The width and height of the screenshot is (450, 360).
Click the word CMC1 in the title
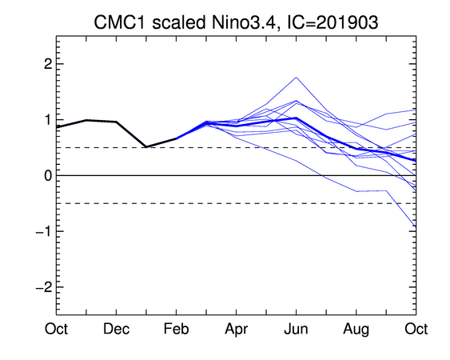pyautogui.click(x=120, y=22)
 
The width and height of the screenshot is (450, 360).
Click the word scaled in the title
pyautogui.click(x=178, y=22)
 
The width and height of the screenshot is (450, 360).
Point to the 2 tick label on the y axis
pyautogui.click(x=48, y=64)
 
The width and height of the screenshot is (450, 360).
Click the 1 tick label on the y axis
pyautogui.click(x=49, y=119)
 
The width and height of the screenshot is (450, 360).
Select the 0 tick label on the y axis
pyautogui.click(x=48, y=175)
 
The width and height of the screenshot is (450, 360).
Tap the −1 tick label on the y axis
pyautogui.click(x=44, y=231)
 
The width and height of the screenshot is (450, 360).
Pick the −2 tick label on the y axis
pyautogui.click(x=44, y=287)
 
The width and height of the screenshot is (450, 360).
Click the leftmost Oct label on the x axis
pyautogui.click(x=56, y=329)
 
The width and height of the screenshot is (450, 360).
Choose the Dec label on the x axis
pyautogui.click(x=116, y=329)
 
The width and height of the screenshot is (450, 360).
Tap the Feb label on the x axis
pyautogui.click(x=176, y=329)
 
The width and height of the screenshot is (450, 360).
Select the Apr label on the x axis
pyautogui.click(x=237, y=330)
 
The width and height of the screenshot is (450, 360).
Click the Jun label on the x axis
pyautogui.click(x=297, y=329)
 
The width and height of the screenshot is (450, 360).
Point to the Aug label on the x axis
pyautogui.click(x=356, y=330)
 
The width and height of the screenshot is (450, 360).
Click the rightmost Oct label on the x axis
pyautogui.click(x=416, y=329)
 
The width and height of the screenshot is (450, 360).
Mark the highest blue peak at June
pyautogui.click(x=297, y=78)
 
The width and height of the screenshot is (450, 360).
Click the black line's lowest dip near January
pyautogui.click(x=146, y=147)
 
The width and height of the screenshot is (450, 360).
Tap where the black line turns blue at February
pyautogui.click(x=176, y=138)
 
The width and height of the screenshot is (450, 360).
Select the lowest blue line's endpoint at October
pyautogui.click(x=416, y=227)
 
